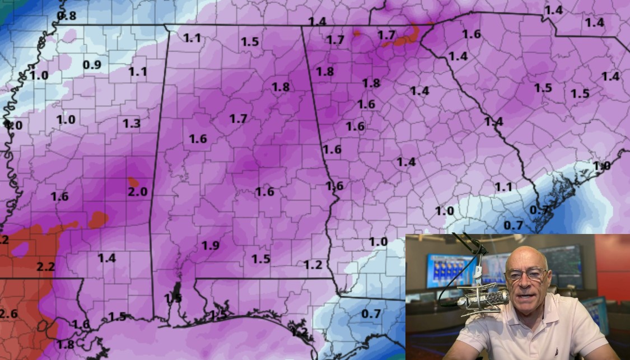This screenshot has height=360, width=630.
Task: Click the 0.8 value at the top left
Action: pos(67,16)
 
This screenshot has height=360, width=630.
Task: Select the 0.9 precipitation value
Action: pos(92,65)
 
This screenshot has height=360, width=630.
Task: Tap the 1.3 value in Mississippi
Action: pos(131,124)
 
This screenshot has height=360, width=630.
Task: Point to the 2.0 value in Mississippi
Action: pos(137,192)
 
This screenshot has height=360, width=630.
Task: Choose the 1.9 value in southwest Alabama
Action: pos(211,245)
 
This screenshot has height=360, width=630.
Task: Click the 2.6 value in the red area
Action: pos(8,313)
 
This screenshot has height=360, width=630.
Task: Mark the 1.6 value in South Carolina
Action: pos(472,34)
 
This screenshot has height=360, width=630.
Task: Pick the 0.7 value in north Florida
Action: pos(371,314)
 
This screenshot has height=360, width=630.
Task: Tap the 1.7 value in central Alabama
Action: pos(238,119)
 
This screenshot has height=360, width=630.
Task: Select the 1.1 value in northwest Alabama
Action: pos(192,38)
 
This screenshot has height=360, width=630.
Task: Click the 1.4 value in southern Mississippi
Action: pos(106,258)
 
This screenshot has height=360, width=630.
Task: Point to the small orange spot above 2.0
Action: pos(133,181)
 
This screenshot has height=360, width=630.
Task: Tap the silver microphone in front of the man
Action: pos(482,298)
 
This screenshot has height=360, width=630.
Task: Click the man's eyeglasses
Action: pos(526,274)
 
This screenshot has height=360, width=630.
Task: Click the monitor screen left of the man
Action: pos(448,272)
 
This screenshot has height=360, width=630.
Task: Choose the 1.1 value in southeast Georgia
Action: pos(503,187)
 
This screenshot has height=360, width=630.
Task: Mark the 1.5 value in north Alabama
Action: pos(250,41)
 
